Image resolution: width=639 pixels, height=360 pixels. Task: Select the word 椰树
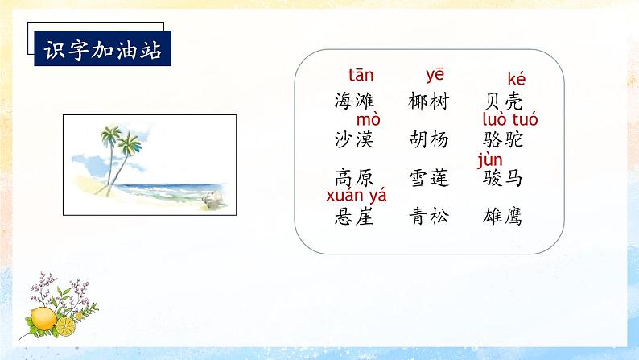(x=428, y=101)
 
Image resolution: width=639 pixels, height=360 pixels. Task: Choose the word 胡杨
(x=428, y=139)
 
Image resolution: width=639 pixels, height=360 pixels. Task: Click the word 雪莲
(x=428, y=178)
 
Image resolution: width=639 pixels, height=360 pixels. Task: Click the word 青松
(x=428, y=216)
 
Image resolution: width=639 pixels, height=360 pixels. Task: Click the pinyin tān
(x=359, y=76)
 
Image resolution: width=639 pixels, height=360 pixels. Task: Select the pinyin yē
(x=435, y=75)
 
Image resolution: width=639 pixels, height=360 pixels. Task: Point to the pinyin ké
(x=516, y=79)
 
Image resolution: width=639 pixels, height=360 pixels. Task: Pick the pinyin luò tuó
(x=510, y=120)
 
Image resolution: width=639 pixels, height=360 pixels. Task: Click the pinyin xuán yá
(x=356, y=195)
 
